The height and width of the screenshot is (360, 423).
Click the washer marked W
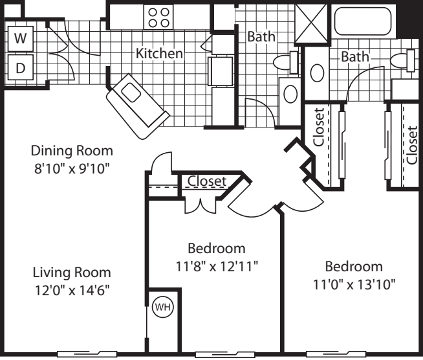[21, 38]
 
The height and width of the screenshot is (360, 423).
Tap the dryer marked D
[21, 67]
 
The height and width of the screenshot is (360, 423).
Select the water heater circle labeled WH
[163, 307]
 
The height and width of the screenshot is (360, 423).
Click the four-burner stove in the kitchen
[158, 17]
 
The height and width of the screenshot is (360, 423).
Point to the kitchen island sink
[131, 93]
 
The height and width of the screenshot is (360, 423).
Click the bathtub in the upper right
[363, 21]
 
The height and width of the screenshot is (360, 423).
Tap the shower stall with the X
[312, 23]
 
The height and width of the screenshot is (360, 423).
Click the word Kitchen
[159, 53]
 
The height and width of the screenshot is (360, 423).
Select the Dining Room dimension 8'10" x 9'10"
[72, 170]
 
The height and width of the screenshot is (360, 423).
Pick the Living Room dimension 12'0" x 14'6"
[72, 291]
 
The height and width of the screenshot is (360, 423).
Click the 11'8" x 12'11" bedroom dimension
[217, 267]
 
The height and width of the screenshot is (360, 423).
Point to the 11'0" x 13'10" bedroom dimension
[354, 284]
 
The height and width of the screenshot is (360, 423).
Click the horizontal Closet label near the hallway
[207, 181]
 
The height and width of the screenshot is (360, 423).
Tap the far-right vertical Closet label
[411, 145]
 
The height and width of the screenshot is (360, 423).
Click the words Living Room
[72, 272]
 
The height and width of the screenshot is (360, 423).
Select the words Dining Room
[72, 151]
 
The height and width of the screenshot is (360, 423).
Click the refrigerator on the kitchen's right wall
[221, 71]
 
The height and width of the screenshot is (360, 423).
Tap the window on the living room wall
[87, 354]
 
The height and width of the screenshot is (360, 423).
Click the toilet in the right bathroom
[402, 60]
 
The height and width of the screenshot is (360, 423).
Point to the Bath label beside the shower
[261, 36]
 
